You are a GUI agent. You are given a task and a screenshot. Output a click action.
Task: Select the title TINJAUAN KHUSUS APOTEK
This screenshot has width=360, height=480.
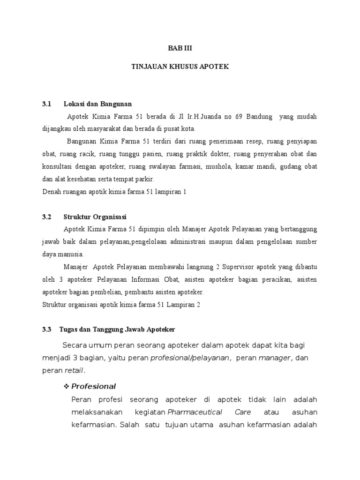click(x=180, y=67)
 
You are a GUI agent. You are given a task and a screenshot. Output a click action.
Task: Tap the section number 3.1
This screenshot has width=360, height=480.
click(x=46, y=104)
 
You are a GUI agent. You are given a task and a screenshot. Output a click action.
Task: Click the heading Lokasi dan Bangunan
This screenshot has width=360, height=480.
click(x=97, y=104)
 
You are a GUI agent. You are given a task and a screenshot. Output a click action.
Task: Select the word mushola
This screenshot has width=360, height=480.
click(x=219, y=167)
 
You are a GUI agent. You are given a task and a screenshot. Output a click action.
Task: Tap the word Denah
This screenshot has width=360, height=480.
click(x=51, y=192)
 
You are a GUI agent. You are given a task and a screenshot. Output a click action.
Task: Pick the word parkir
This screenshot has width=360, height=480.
click(x=144, y=180)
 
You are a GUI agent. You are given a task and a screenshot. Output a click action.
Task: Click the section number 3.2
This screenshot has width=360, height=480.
click(x=46, y=217)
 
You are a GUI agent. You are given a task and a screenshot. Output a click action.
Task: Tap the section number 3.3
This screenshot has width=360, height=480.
click(x=46, y=330)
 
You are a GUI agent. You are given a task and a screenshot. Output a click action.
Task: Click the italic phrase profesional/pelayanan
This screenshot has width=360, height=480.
click(x=190, y=358)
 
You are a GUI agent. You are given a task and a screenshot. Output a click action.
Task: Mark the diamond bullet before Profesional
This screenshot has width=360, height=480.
click(x=66, y=386)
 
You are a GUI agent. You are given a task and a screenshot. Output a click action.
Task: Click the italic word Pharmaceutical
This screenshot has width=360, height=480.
click(x=196, y=412)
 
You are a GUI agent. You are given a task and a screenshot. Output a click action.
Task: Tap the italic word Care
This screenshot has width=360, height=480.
click(x=242, y=412)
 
